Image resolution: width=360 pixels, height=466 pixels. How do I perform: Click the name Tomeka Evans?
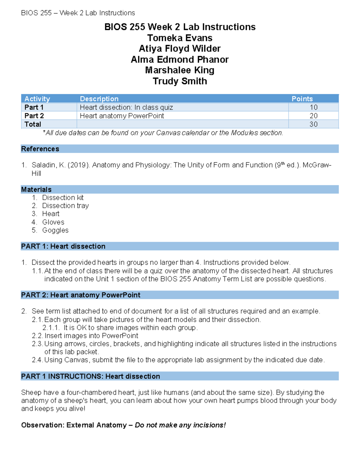tap(180, 38)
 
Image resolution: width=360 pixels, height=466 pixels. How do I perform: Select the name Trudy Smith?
tap(180, 81)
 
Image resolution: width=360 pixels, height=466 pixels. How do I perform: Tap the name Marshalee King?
tap(180, 70)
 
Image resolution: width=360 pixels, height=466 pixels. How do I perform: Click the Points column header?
tap(302, 99)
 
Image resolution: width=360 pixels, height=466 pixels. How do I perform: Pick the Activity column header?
tap(37, 99)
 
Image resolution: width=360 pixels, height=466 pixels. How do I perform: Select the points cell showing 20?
tap(313, 116)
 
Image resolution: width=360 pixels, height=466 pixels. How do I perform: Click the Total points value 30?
tap(313, 124)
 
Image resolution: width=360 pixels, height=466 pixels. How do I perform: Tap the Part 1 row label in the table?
tap(34, 107)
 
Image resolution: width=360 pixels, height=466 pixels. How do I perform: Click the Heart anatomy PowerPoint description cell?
tap(122, 116)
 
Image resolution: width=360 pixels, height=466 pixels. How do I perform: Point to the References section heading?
tap(40, 149)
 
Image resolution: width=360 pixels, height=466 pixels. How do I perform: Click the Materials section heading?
tap(36, 189)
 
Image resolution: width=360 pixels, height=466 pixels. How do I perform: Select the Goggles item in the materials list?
tap(55, 230)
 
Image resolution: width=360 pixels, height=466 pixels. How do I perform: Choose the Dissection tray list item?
tap(65, 206)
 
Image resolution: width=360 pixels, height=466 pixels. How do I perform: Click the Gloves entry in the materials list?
tap(53, 222)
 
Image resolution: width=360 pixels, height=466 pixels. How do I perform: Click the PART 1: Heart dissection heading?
tap(63, 246)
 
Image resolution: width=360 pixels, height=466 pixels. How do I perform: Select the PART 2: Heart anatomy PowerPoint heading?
tap(80, 295)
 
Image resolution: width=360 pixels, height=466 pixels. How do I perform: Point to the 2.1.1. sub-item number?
tap(51, 328)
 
